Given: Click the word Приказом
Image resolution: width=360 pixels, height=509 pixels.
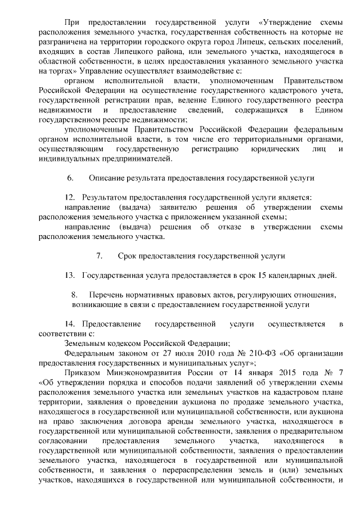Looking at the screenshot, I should (x=82, y=373).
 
